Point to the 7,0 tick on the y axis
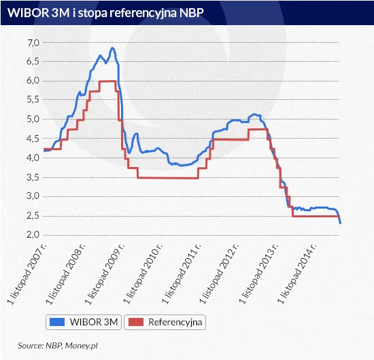(x=33, y=43)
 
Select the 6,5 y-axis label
(x=33, y=62)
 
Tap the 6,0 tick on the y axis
(x=33, y=81)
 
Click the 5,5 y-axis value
(x=33, y=100)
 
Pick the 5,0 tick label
(x=33, y=120)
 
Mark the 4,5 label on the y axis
(x=33, y=139)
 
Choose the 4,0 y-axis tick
(x=33, y=158)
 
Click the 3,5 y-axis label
(x=33, y=177)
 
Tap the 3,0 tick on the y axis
(x=33, y=196)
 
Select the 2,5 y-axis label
(x=33, y=215)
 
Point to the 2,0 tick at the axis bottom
(x=33, y=234)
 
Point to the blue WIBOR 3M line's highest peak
(x=112, y=48)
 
